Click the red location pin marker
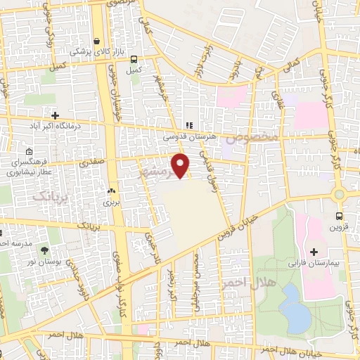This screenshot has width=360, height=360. pyautogui.click(x=181, y=165)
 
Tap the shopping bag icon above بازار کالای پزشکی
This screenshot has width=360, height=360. pyautogui.click(x=96, y=41)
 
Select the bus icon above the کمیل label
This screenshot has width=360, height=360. pyautogui.click(x=133, y=60)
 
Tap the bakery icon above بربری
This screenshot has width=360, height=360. pyautogui.click(x=110, y=191)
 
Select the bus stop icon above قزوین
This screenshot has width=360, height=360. pyautogui.click(x=340, y=217)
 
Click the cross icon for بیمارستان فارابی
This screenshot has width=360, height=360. pyautogui.click(x=314, y=252)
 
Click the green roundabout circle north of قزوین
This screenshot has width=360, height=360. pyautogui.click(x=339, y=193)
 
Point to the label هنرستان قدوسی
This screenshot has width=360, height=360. pyautogui.click(x=190, y=139)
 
